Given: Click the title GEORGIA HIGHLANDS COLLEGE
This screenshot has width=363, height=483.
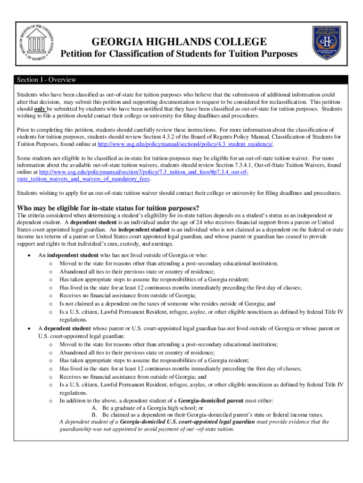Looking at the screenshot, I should (179, 42).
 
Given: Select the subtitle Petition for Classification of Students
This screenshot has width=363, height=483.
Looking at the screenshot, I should (179, 54).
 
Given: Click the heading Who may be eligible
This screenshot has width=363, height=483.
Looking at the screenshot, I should (108, 208).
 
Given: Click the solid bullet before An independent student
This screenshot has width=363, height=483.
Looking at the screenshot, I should (30, 255).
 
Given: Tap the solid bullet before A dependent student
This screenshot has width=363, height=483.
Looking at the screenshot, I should (30, 328).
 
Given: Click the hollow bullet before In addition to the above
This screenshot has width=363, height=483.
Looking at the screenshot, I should (50, 401).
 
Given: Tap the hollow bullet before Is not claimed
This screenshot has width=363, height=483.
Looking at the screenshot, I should (50, 304).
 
